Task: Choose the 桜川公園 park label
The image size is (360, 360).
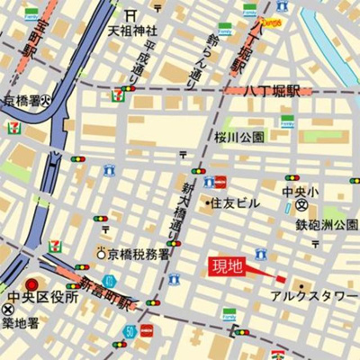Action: pyautogui.click(x=239, y=137)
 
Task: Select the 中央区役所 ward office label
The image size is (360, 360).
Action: pyautogui.click(x=42, y=297)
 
